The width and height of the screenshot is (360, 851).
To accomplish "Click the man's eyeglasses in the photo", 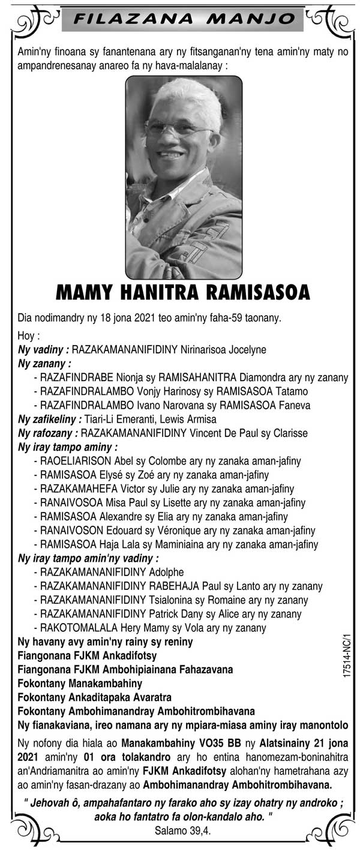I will tap(178, 128).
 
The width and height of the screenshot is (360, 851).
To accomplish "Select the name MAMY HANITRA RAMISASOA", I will tap(183, 292).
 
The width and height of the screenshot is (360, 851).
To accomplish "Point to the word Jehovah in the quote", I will tap(54, 803).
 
